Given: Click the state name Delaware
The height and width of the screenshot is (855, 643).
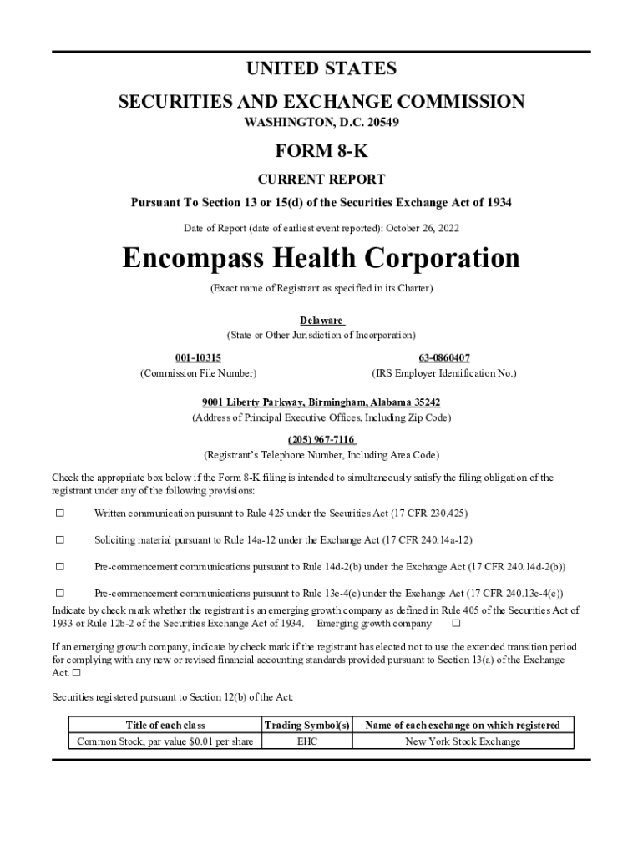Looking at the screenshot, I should [321, 321].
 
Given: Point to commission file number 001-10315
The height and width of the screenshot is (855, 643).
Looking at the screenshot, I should [198, 357].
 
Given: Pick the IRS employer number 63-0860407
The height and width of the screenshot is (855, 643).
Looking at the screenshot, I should [443, 357].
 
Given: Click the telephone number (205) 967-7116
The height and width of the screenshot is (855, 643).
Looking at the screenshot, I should [321, 440].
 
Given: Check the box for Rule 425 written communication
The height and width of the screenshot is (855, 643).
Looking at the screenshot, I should [59, 512].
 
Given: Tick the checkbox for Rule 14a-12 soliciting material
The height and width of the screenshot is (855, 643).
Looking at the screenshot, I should [59, 539].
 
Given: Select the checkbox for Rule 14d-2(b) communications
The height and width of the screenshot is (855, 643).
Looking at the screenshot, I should [59, 567].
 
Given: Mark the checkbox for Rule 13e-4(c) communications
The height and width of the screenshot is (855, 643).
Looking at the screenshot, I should [59, 594].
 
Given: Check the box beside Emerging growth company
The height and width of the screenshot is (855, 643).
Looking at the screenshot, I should [456, 624].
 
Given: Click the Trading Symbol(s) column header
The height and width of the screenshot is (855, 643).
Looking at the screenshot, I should [306, 725].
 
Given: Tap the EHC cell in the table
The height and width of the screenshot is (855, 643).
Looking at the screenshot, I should [306, 741].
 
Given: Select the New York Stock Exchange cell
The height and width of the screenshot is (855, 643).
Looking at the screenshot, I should [463, 741].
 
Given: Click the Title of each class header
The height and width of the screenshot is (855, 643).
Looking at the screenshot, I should [165, 725].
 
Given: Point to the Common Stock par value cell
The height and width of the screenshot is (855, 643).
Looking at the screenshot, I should [165, 741].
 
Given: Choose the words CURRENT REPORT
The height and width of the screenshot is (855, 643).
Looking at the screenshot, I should [321, 179].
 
